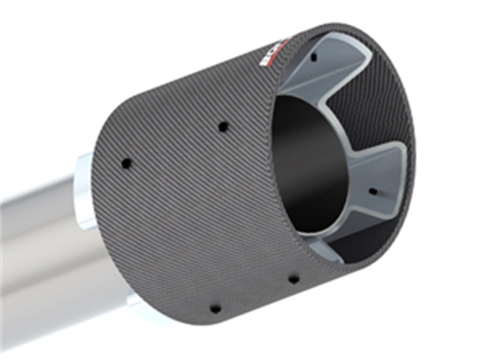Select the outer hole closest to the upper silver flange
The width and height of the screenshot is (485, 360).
[x=126, y=163]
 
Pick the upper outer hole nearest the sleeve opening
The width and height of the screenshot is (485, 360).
[x=223, y=127]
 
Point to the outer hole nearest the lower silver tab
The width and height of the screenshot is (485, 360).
[x=215, y=308]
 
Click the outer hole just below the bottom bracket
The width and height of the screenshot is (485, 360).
[x=293, y=279]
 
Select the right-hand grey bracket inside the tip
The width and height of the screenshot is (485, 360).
[x=379, y=176]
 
